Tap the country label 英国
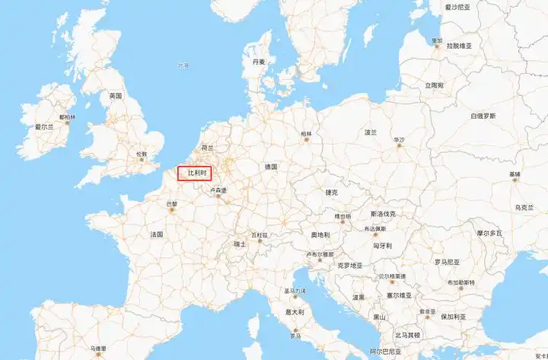click(x=116, y=96)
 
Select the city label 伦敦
click(x=142, y=154)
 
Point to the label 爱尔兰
click(x=45, y=127)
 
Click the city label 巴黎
click(x=171, y=204)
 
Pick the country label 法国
click(x=157, y=234)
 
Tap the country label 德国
click(x=271, y=166)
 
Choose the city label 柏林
click(x=307, y=134)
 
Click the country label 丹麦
click(x=260, y=62)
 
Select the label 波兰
click(x=371, y=132)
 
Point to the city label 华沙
click(x=400, y=140)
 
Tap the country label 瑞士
click(x=240, y=244)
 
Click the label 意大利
click(x=295, y=311)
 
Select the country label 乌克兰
click(x=525, y=207)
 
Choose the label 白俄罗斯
click(x=483, y=116)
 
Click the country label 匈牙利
click(x=383, y=246)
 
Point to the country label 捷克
click(x=331, y=193)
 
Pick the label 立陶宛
click(x=435, y=85)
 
